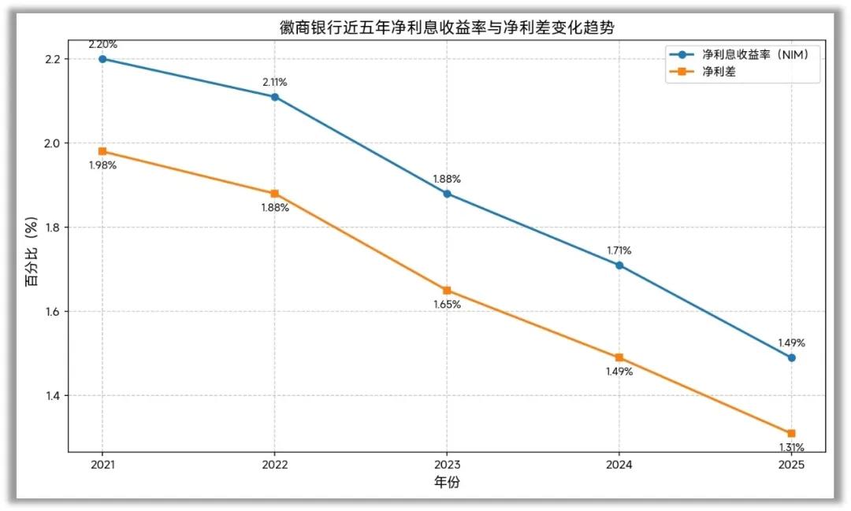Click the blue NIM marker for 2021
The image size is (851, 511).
pos(102,59)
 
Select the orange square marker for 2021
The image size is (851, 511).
pos(102,151)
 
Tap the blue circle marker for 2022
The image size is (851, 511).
pos(275,97)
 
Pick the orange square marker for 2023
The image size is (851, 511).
pos(447,291)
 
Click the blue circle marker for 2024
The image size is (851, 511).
pos(619,265)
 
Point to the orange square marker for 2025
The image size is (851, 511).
pos(791,433)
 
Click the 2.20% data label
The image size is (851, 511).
pos(102,44)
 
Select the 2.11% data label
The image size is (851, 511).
pos(275,82)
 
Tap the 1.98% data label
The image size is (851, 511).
pos(102,165)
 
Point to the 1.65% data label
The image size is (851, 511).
pos(447,305)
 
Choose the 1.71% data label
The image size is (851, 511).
pos(619,250)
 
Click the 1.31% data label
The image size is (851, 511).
pos(791,447)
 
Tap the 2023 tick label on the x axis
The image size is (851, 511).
pos(447,465)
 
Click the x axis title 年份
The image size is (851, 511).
pos(447,482)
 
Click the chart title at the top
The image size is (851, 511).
pos(447,28)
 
